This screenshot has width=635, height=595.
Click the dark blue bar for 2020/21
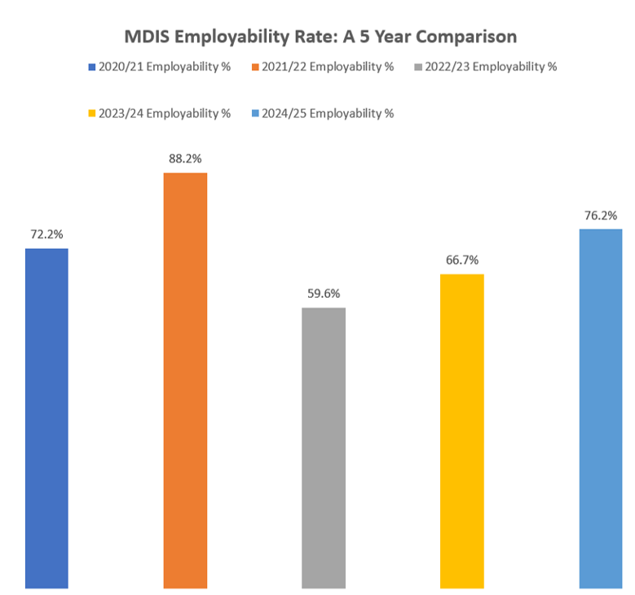46,418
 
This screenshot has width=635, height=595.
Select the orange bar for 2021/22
185,380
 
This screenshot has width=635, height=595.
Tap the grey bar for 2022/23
324,448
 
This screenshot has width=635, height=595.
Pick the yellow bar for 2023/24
462,431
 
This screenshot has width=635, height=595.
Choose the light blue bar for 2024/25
601,408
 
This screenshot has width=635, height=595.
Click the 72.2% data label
46,234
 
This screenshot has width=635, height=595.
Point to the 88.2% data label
185,160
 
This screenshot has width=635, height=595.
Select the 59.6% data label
324,294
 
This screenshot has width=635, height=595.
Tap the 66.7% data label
462,260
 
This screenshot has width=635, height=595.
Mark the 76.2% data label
601,216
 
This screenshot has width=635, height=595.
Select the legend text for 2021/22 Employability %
328,67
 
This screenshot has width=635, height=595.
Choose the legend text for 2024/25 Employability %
328,113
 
